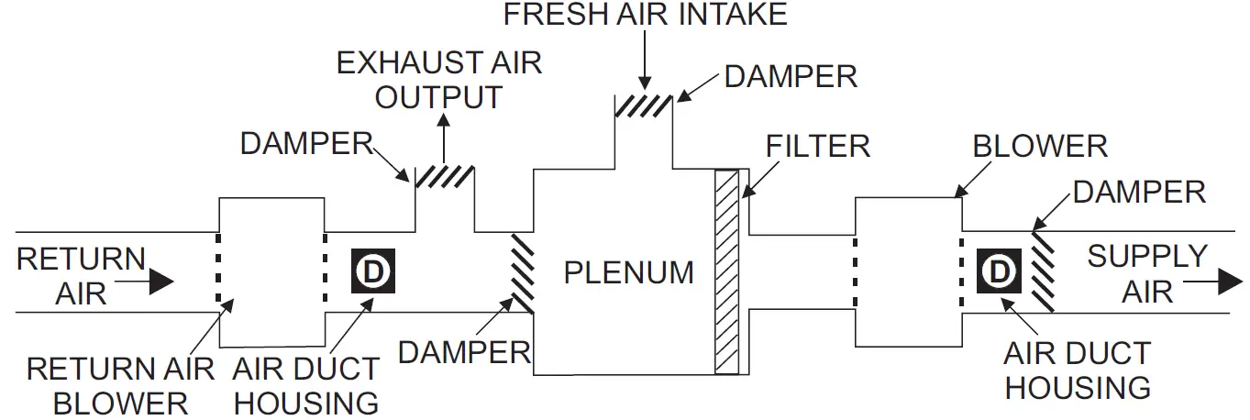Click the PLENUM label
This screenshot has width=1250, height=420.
(628, 273)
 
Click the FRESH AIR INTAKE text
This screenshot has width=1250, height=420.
(644, 16)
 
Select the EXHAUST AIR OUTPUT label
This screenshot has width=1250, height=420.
(439, 80)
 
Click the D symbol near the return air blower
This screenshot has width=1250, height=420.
(371, 271)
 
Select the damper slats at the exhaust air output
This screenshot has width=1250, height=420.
(445, 176)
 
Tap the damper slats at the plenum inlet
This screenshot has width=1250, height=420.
(522, 271)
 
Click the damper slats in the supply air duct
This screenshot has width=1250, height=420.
(1042, 271)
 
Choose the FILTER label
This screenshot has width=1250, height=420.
(818, 146)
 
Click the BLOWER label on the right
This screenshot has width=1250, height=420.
(1040, 146)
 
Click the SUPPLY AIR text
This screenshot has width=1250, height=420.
(1147, 273)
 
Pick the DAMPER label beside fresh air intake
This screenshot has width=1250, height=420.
(791, 77)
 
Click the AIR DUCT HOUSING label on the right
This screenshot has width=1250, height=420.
(1077, 370)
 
